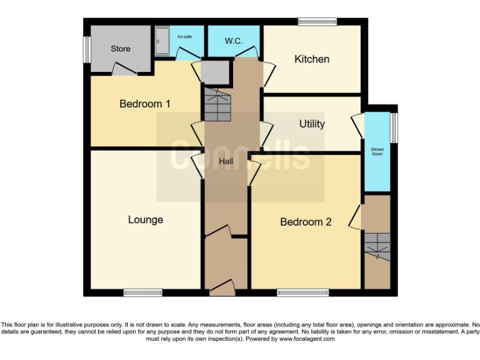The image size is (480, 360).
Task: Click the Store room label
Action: [x=121, y=49]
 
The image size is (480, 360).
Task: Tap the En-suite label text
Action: [x=184, y=37]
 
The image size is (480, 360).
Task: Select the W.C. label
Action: [x=234, y=41]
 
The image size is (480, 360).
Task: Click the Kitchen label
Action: [x=312, y=59]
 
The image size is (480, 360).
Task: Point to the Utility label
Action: [x=312, y=124]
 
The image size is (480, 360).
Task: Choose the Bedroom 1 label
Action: [x=145, y=104]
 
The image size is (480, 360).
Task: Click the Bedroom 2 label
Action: [x=306, y=222]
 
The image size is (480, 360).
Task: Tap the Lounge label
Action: [x=146, y=219]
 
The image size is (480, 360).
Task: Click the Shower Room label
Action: [x=377, y=152]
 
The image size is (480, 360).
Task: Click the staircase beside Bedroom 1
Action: [x=216, y=105]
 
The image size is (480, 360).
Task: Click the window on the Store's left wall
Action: [x=87, y=49]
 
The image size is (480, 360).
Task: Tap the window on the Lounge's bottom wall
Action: [x=142, y=292]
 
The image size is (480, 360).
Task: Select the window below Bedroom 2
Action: [x=303, y=292]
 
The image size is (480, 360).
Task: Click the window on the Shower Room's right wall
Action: [x=394, y=127]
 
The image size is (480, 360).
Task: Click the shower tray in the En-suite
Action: [x=161, y=42]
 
